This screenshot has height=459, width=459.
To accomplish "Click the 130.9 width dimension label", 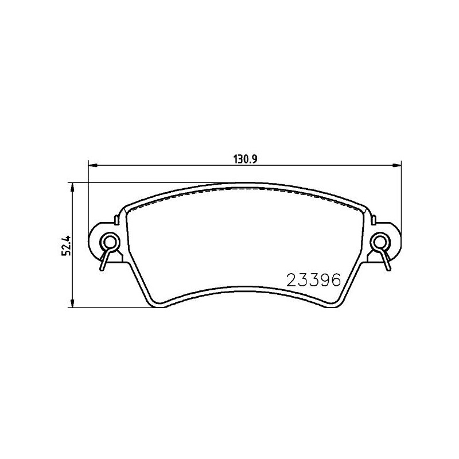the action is point(245,160).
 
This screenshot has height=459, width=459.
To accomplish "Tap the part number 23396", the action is point(313,280).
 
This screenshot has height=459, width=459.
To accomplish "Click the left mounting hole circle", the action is point(110,242).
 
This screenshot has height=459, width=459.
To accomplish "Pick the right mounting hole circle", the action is point(380,242).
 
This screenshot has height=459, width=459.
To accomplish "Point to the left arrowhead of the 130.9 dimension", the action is point(92,166).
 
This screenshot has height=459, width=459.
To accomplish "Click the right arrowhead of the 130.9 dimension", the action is point(397,166).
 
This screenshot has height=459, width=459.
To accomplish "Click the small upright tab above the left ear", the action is point(116,220).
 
